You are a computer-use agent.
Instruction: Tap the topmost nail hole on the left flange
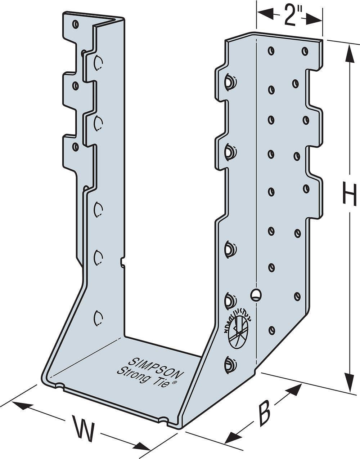click(75, 24)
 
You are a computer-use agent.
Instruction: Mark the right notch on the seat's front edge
click(164, 420)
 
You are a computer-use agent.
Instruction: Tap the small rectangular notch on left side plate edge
click(123, 262)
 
